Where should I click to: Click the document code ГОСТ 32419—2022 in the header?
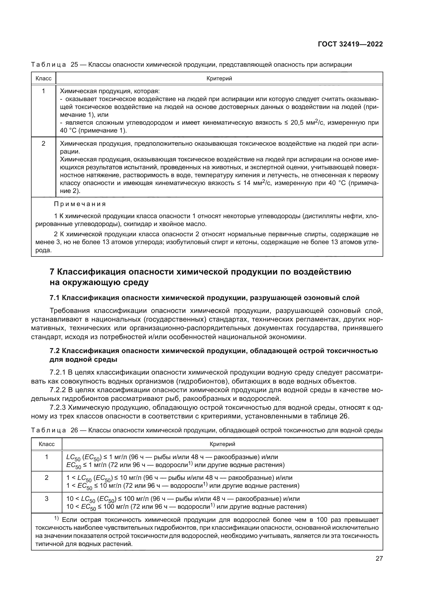click(x=350, y=44)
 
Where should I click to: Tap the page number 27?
click(x=379, y=558)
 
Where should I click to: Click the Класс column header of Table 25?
click(x=43, y=78)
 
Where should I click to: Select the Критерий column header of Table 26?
click(x=222, y=444)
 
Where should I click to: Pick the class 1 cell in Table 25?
click(x=43, y=91)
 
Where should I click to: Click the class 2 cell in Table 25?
click(x=43, y=144)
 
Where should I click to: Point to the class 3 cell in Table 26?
click(x=47, y=498)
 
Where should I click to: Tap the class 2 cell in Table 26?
click(x=47, y=477)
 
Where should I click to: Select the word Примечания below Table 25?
click(x=80, y=204)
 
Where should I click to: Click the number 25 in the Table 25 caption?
click(x=74, y=65)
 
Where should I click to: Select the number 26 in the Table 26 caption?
click(x=74, y=430)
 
